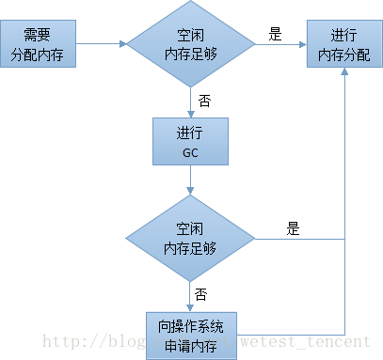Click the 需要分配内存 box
(x=39, y=44)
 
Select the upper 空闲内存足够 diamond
(x=190, y=44)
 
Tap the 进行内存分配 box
(x=343, y=44)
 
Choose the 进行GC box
(x=190, y=141)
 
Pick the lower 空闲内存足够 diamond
(x=190, y=239)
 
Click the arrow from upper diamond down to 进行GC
(x=190, y=100)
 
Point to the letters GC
(x=190, y=150)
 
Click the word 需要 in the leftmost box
(x=39, y=35)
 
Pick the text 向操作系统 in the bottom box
(x=190, y=324)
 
